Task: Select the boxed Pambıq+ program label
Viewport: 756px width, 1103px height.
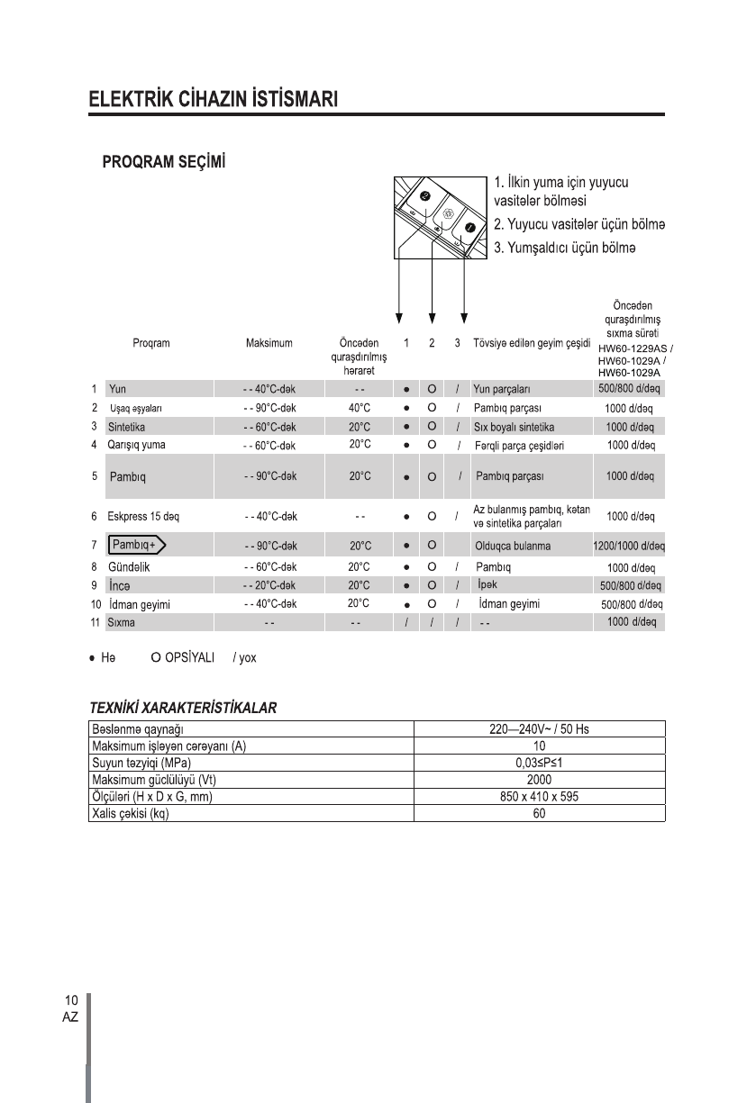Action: pos(138,546)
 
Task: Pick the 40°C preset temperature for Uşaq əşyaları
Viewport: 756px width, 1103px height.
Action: pos(360,408)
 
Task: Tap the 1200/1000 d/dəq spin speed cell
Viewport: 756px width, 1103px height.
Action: pos(628,547)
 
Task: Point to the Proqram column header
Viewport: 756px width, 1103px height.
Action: pos(150,344)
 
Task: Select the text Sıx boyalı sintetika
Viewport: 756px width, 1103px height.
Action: pos(514,427)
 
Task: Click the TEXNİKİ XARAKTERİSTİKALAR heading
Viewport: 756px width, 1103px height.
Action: pos(182,708)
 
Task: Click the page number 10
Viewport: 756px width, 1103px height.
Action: pos(70,1000)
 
